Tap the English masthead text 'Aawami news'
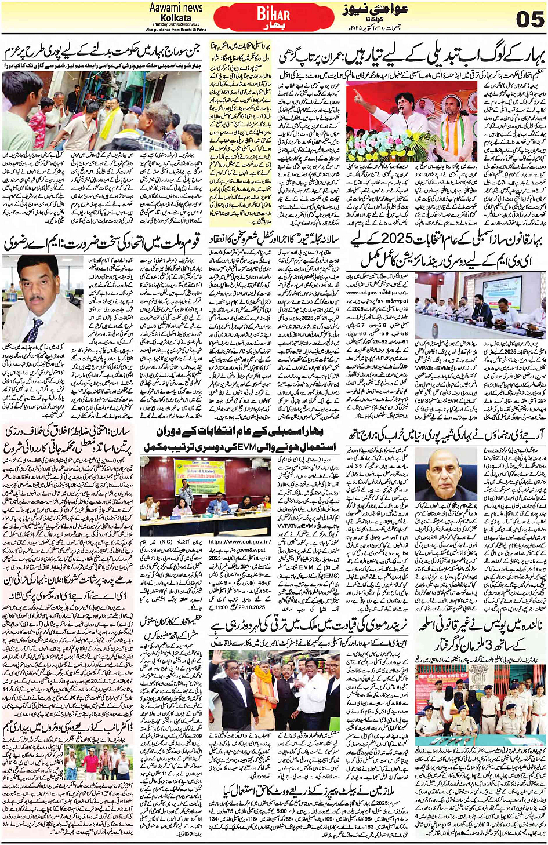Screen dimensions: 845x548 pyautogui.click(x=176, y=8)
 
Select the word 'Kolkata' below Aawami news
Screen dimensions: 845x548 pyautogui.click(x=176, y=18)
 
